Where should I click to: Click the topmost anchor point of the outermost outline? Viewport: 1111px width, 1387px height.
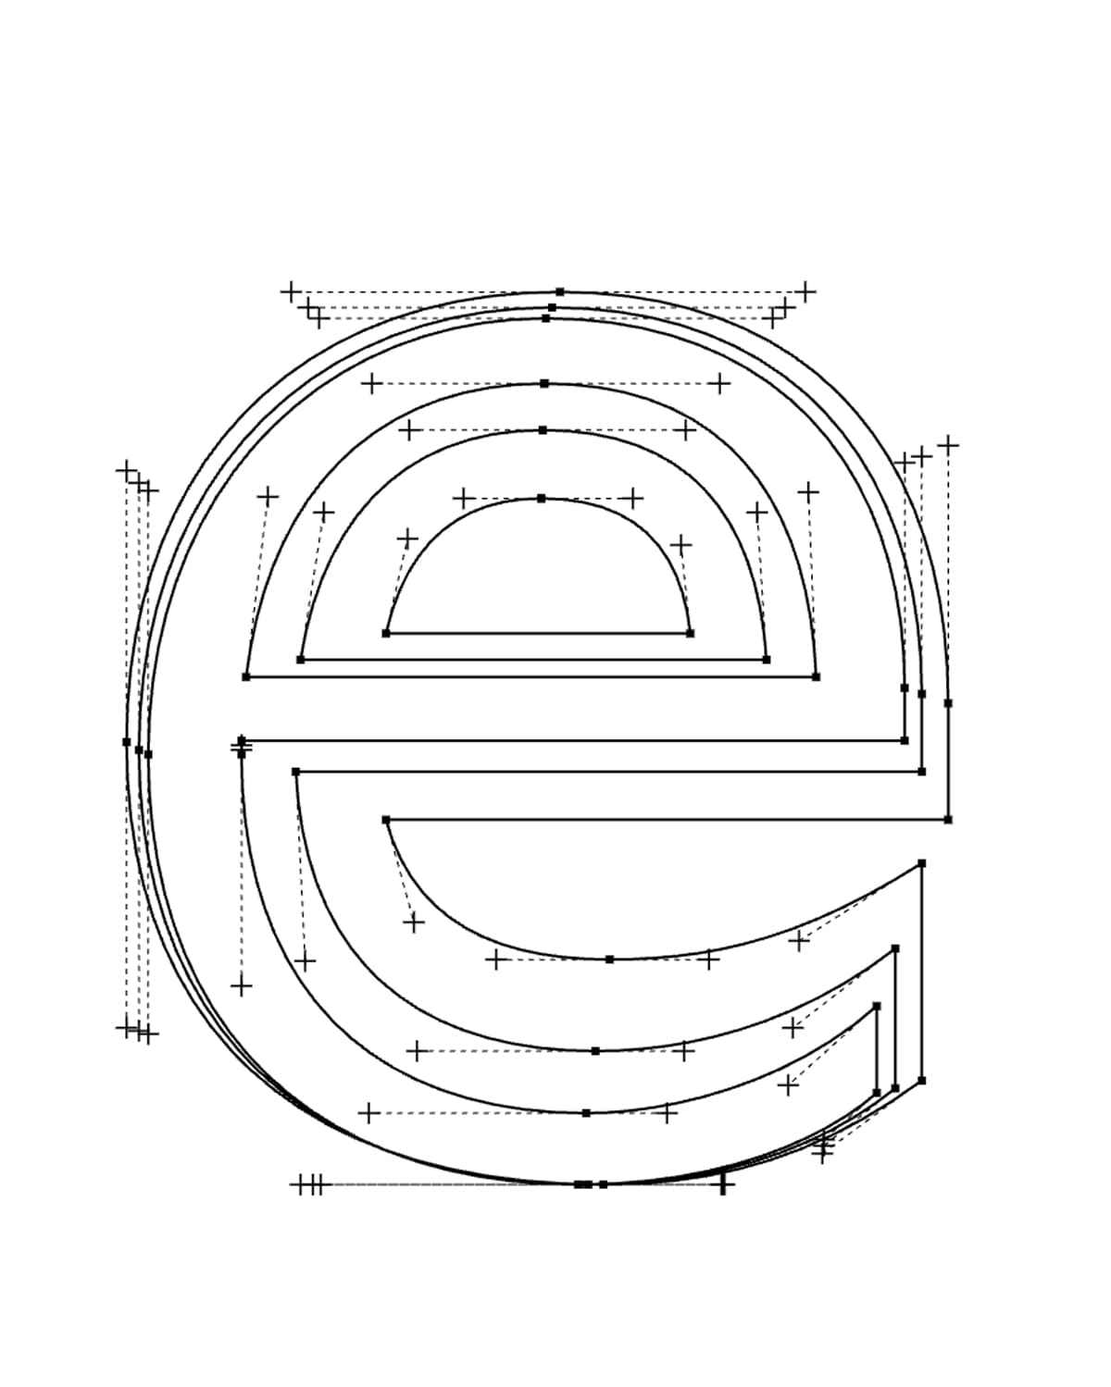pos(560,291)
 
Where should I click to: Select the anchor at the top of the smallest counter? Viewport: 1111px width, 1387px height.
pos(541,498)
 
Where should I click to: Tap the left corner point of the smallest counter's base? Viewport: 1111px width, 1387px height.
pos(385,633)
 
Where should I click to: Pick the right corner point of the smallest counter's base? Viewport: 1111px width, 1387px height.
pos(690,633)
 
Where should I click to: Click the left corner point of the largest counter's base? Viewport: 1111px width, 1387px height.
pos(245,676)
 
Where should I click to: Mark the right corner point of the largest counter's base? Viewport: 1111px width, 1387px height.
pos(816,676)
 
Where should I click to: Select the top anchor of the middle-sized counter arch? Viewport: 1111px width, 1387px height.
pos(543,430)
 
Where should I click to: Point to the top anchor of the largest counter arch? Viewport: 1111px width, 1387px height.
pos(544,383)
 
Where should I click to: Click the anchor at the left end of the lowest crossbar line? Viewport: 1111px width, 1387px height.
pos(385,820)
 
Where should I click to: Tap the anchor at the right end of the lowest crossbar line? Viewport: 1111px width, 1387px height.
pos(947,820)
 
